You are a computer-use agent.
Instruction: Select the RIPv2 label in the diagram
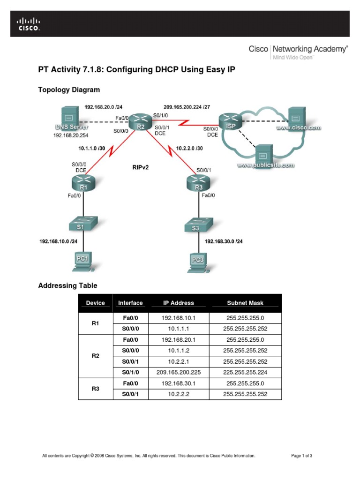[x=141, y=166]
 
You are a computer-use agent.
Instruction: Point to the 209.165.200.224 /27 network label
[x=188, y=106]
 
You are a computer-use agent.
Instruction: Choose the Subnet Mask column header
[x=245, y=303]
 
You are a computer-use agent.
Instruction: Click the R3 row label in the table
[x=96, y=388]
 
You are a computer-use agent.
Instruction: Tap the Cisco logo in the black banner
[x=29, y=24]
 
